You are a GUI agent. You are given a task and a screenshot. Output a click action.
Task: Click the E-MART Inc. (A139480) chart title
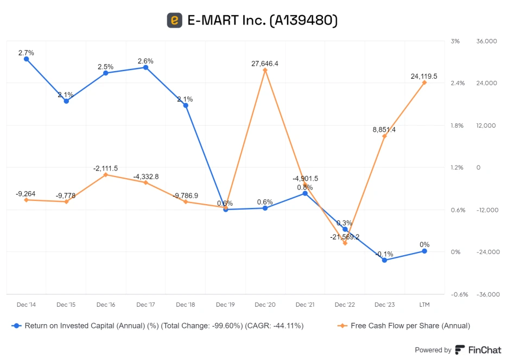pyautogui.click(x=262, y=21)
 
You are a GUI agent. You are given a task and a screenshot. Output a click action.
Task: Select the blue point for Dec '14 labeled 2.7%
pyautogui.click(x=26, y=59)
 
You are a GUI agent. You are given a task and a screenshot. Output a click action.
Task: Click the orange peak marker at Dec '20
pyautogui.click(x=265, y=70)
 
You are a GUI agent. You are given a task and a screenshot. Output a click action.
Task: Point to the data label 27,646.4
pyautogui.click(x=265, y=64)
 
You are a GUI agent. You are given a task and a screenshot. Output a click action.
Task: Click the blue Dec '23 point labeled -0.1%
pyautogui.click(x=384, y=260)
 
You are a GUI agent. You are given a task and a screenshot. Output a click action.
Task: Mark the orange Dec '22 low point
pyautogui.click(x=345, y=243)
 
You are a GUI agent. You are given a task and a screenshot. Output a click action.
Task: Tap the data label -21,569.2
pyautogui.click(x=345, y=237)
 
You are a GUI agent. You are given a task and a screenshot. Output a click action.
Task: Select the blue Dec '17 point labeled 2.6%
pyautogui.click(x=145, y=67)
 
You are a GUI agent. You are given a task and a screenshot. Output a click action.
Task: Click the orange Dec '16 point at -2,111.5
pyautogui.click(x=106, y=175)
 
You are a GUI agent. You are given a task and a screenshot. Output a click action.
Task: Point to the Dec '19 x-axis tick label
pyautogui.click(x=225, y=305)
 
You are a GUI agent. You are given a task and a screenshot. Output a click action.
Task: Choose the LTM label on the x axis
pyautogui.click(x=424, y=305)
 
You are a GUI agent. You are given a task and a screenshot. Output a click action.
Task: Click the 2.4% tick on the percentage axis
pyautogui.click(x=458, y=83)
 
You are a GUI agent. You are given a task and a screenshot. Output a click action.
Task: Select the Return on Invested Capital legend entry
pyautogui.click(x=157, y=326)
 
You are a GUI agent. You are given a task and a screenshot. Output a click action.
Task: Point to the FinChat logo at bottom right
pyautogui.click(x=478, y=350)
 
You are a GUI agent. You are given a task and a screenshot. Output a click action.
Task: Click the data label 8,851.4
pyautogui.click(x=384, y=130)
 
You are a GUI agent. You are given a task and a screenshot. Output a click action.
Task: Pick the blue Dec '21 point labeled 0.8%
pyautogui.click(x=305, y=193)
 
